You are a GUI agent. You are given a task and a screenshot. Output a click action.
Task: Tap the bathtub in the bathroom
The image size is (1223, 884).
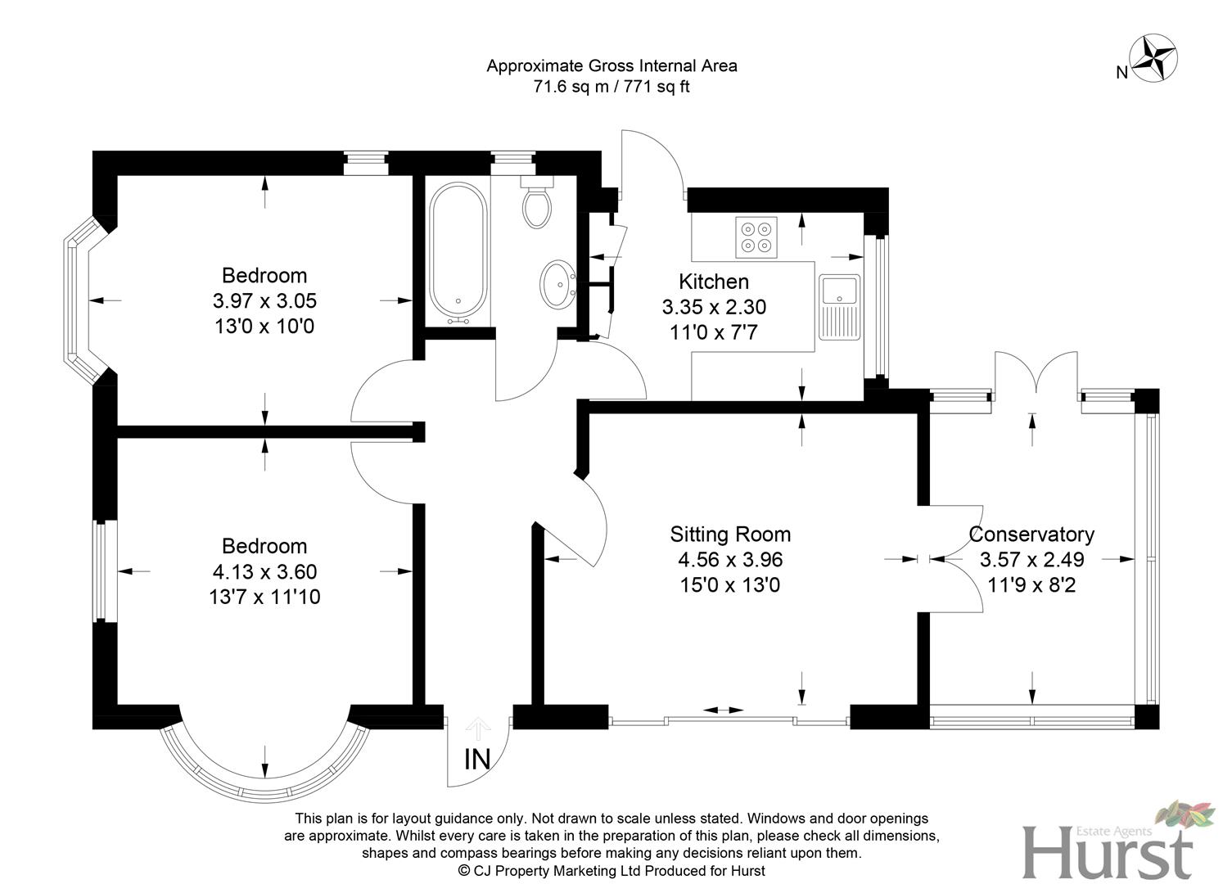[458, 252]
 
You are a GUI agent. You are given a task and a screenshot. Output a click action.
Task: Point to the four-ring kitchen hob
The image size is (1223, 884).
[756, 236]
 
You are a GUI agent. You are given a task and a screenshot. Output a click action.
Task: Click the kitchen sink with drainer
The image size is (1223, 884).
[839, 307]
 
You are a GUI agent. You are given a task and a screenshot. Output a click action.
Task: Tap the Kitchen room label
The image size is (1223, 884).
[714, 282]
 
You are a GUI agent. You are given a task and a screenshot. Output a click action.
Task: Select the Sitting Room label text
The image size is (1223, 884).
[730, 534]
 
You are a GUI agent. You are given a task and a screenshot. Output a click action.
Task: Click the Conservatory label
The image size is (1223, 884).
[1031, 534]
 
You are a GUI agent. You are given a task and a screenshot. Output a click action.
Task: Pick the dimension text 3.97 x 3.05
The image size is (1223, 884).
[264, 301]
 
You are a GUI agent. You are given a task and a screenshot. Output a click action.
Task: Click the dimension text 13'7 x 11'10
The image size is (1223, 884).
[264, 598]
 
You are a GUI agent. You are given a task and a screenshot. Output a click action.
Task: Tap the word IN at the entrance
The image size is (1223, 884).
[477, 760]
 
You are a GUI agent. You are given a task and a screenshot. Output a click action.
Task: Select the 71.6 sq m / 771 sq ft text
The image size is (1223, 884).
[611, 87]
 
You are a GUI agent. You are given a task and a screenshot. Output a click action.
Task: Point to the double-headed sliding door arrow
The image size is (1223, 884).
[724, 710]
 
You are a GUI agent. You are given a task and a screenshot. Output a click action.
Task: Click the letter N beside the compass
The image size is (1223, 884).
[1121, 73]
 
